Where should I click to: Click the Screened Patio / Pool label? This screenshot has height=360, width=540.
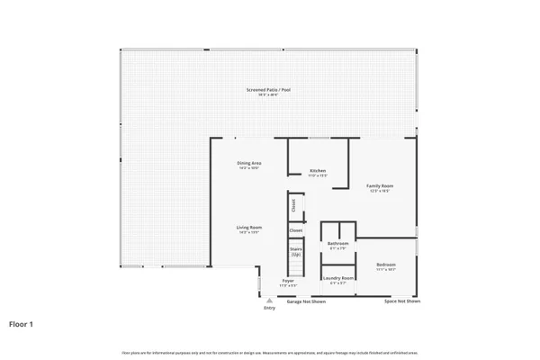click(269, 89)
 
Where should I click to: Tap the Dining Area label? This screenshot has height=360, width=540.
click(248, 162)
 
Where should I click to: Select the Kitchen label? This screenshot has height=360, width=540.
click(318, 170)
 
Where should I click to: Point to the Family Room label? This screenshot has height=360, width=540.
click(380, 185)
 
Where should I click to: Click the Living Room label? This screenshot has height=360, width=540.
click(248, 228)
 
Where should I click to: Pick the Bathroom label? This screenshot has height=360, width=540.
click(337, 243)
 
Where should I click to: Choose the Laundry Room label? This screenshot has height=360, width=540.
click(337, 278)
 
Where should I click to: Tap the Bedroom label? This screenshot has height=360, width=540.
click(386, 264)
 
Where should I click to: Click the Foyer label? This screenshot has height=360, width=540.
click(288, 281)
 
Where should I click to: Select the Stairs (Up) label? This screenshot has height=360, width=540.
click(295, 249)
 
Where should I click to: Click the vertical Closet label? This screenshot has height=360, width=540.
click(293, 205)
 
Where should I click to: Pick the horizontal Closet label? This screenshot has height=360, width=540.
click(295, 230)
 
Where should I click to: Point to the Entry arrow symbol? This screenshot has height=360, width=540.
click(269, 301)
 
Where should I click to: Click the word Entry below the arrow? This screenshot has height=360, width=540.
click(269, 308)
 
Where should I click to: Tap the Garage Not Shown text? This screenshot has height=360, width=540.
click(306, 301)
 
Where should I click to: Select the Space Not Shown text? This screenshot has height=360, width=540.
click(401, 301)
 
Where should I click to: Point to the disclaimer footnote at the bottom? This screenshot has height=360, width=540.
click(269, 350)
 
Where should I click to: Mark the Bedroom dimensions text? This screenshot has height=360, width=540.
click(386, 269)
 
